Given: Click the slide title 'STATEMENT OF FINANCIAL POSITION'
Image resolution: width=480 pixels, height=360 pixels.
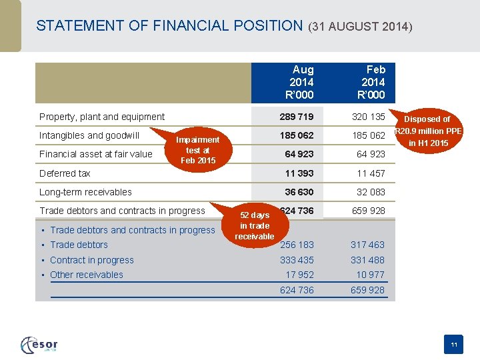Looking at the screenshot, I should [x=169, y=26].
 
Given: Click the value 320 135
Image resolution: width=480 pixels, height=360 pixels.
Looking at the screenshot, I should [x=369, y=117].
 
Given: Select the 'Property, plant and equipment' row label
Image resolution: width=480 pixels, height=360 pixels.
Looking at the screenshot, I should [x=102, y=117].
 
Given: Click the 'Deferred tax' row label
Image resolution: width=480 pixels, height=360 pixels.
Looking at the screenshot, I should [x=65, y=173].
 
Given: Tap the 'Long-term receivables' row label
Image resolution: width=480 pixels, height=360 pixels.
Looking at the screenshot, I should [x=85, y=192].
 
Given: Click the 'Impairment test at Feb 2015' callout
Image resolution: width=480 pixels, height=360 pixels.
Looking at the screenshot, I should [x=197, y=150].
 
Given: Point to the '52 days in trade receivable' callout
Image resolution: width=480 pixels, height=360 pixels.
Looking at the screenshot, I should [x=254, y=225].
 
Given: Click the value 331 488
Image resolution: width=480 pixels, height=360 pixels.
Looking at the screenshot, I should [x=367, y=260].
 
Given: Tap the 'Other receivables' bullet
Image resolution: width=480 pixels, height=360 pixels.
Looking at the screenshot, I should [x=87, y=275].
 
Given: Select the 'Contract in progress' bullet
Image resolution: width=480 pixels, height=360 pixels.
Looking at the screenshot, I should [x=92, y=260].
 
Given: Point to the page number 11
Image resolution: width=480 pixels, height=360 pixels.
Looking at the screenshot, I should [x=453, y=345].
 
